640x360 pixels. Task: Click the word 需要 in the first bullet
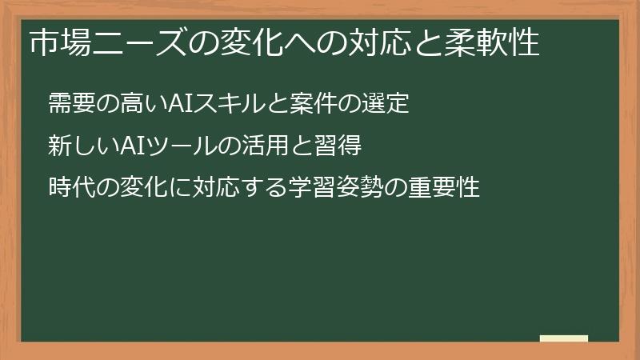[68, 103]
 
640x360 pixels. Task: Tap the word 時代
[68, 188]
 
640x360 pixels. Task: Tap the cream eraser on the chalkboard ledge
[564, 338]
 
